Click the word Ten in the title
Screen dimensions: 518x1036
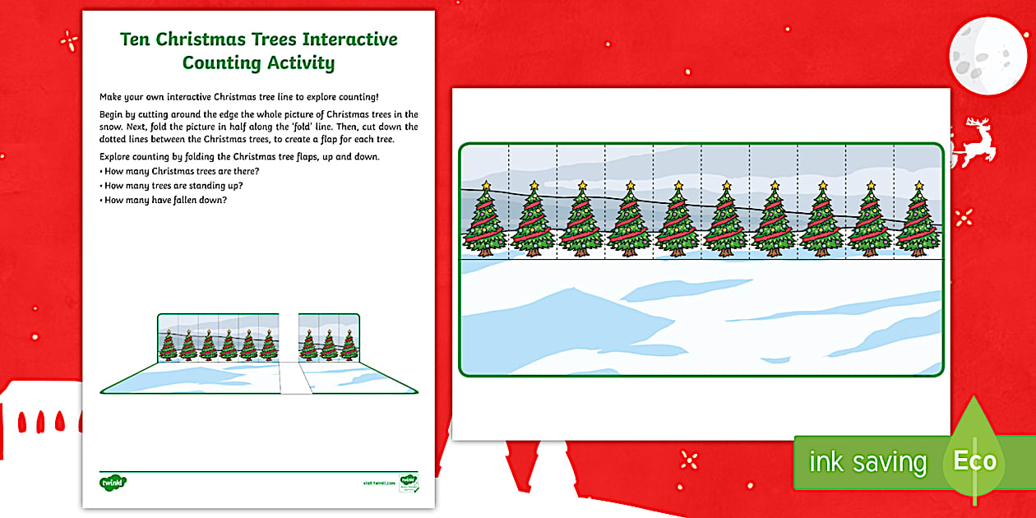click(x=137, y=39)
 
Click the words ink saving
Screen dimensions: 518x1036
click(x=867, y=462)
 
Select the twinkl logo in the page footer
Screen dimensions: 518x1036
click(x=111, y=481)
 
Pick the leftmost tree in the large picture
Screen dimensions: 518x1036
click(x=485, y=220)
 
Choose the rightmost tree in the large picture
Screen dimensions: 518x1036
click(x=918, y=220)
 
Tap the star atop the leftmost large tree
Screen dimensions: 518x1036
click(x=485, y=186)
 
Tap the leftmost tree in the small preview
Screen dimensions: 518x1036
click(x=168, y=345)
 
